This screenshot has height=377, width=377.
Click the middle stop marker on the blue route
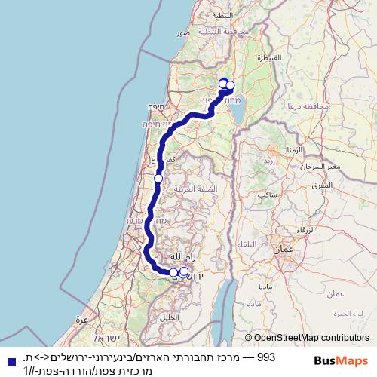pos(158,178)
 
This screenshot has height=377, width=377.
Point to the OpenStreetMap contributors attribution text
pos(307,339)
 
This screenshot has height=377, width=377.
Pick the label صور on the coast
pos(182,34)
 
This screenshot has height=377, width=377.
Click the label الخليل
pos(170,317)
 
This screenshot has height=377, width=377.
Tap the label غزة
pos(81,320)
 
